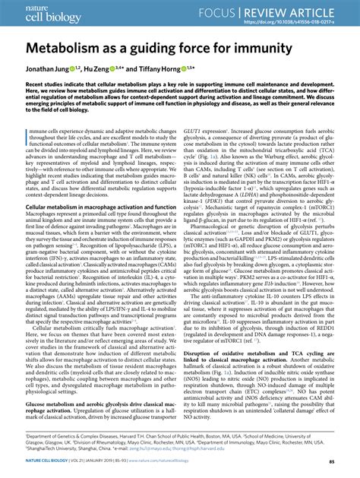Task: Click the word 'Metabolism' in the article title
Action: coord(68,48)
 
